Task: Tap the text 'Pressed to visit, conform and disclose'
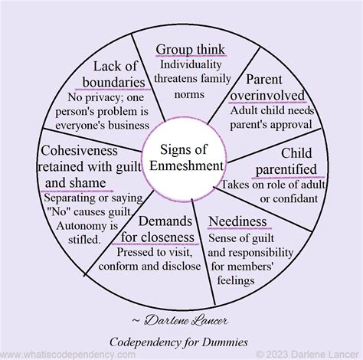click(x=159, y=259)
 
